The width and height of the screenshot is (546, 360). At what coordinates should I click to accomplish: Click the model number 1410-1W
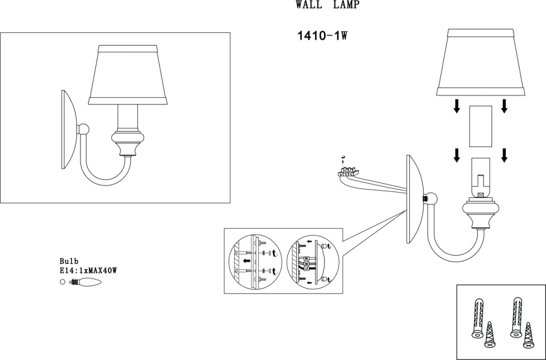(322, 35)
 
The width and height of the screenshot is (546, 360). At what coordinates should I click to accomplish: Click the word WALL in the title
(307, 5)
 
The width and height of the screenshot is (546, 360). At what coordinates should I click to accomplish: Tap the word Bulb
(70, 262)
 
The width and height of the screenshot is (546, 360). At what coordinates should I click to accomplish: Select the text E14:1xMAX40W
(88, 271)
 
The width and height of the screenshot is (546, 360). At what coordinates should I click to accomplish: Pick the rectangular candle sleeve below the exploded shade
(480, 126)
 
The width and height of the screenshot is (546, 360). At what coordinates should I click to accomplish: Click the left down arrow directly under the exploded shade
(457, 106)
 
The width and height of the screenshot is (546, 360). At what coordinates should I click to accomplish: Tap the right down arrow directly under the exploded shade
(504, 106)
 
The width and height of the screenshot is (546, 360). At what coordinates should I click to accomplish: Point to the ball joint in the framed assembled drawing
(85, 129)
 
